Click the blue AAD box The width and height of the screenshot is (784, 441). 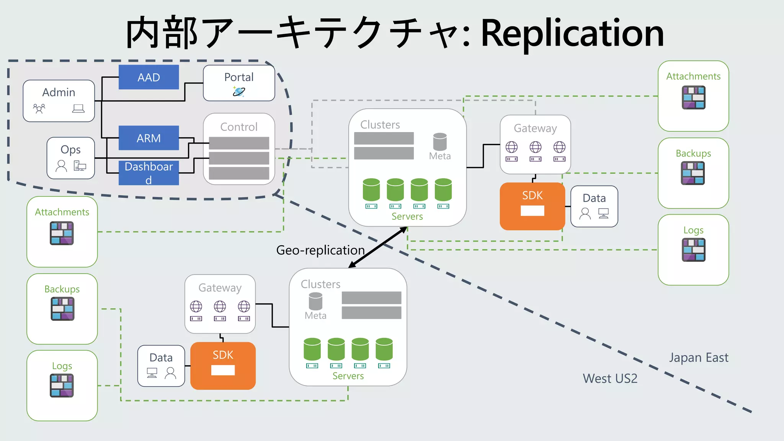pyautogui.click(x=149, y=77)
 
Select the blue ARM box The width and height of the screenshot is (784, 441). pyautogui.click(x=149, y=138)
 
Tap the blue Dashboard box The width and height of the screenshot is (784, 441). pyautogui.click(x=149, y=173)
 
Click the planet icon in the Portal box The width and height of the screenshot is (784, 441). pyautogui.click(x=239, y=91)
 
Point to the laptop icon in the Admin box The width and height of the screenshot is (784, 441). pyautogui.click(x=78, y=109)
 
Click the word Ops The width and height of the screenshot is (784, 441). pyautogui.click(x=70, y=149)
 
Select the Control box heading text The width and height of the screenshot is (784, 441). pyautogui.click(x=239, y=127)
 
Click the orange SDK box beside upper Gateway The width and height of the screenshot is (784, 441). pyautogui.click(x=532, y=206)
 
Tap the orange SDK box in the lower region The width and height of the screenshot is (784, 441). pyautogui.click(x=223, y=366)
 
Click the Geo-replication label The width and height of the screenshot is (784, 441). pyautogui.click(x=320, y=250)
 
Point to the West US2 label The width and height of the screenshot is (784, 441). pyautogui.click(x=610, y=378)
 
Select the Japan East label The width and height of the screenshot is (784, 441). pyautogui.click(x=699, y=357)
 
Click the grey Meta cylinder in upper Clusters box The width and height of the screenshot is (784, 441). pyautogui.click(x=440, y=142)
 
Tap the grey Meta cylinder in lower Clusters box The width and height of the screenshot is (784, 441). pyautogui.click(x=315, y=301)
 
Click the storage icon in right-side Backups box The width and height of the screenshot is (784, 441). pyautogui.click(x=693, y=173)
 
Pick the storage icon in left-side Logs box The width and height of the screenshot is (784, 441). pyautogui.click(x=62, y=385)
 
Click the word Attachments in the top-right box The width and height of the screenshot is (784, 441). pyautogui.click(x=693, y=76)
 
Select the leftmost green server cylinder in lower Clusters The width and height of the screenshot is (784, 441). pyautogui.click(x=312, y=349)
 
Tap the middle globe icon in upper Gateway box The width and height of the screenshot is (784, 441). pyautogui.click(x=535, y=147)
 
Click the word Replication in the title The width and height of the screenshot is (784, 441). pyautogui.click(x=572, y=33)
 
